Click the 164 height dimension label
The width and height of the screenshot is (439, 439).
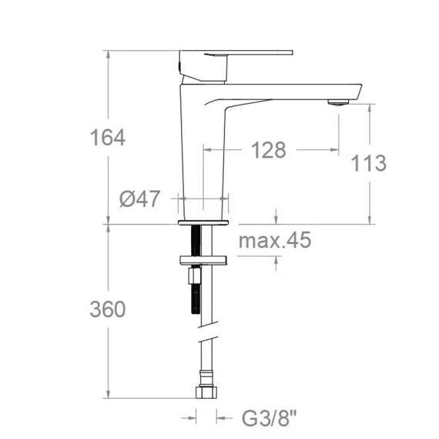point(108,137)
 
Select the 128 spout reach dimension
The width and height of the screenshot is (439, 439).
point(269,149)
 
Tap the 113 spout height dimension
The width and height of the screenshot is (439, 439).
point(368,163)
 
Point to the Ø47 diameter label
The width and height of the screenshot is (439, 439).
point(139,199)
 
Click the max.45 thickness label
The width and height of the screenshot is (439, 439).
point(275,240)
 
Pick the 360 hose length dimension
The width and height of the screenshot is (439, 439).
point(108,309)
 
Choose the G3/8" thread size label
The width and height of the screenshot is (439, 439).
point(269,418)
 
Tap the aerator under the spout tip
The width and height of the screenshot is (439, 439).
point(338,102)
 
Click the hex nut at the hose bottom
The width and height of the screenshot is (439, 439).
point(206,393)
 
